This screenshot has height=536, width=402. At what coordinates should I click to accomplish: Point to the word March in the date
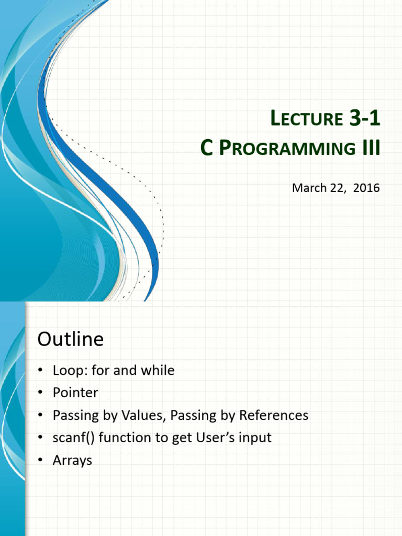[309, 188]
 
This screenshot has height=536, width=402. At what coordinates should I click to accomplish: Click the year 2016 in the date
[366, 188]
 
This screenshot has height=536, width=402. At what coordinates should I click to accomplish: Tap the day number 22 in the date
[338, 188]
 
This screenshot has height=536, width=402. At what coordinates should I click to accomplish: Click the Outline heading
[70, 340]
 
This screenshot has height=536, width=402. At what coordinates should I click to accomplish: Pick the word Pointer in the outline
[75, 393]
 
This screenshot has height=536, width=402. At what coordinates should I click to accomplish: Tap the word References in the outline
[274, 416]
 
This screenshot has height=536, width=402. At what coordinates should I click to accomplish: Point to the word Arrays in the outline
[72, 461]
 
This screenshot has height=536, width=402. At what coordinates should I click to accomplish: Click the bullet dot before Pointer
[40, 393]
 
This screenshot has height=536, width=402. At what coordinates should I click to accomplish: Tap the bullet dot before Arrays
[40, 461]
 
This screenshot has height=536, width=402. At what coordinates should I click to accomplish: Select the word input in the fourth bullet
[255, 438]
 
